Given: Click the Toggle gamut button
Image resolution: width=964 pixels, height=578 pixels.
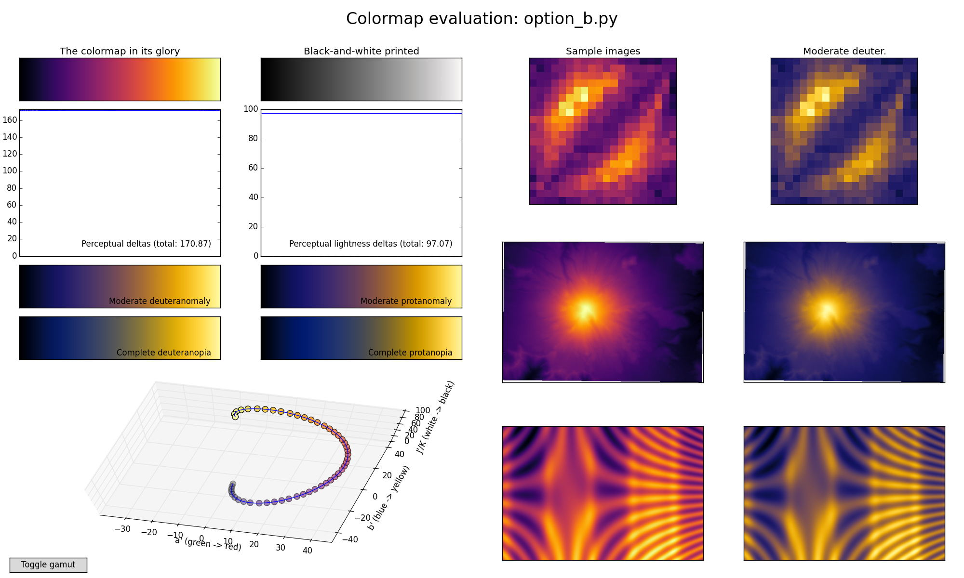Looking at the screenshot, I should coord(48,565).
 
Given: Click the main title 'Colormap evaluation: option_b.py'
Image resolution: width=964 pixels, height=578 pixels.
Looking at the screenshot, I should coord(482,19).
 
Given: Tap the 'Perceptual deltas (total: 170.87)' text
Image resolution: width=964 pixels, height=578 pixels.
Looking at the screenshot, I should coord(146,244).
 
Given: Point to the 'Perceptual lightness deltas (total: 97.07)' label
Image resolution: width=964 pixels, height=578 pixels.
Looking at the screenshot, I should coord(371,244).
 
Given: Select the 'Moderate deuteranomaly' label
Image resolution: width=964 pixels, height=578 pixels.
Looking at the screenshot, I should coord(160,301).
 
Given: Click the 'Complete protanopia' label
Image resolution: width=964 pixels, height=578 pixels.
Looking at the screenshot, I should coord(410,353).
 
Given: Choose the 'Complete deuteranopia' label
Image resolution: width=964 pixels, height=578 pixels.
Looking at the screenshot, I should coord(163,353).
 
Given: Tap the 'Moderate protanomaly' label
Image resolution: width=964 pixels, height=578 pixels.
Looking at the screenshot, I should coord(406,301).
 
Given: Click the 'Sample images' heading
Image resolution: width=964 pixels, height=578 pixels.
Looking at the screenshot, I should coord(603,51).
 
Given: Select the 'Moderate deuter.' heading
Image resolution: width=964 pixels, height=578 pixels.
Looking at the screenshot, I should coord(844,51).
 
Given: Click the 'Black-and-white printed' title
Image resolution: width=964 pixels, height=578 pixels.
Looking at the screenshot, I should coord(361,51).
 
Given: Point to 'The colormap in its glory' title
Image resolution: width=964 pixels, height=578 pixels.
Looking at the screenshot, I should coord(120,51).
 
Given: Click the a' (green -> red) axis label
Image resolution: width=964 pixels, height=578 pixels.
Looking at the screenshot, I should coord(208,544).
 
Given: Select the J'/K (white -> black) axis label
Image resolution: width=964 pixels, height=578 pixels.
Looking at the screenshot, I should coord(435,418).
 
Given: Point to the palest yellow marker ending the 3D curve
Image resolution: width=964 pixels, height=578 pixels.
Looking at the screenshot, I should coord(235,417).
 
